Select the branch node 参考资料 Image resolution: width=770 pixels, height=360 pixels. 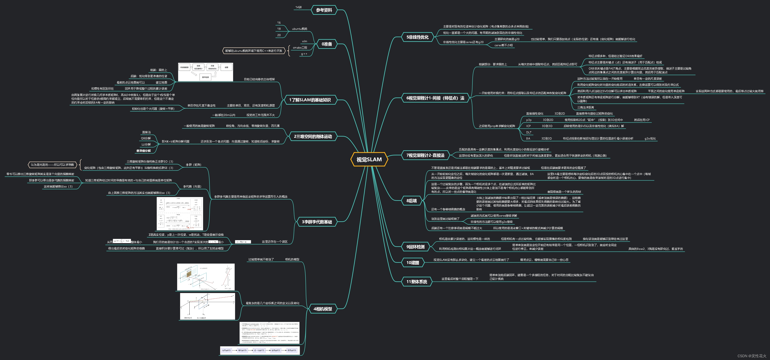point(324,10)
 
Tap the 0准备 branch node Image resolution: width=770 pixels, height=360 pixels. point(327,44)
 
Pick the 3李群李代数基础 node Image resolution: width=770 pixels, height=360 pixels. point(317,222)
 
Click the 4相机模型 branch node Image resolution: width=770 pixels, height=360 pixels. point(323,309)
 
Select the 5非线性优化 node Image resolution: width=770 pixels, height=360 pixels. point(417,37)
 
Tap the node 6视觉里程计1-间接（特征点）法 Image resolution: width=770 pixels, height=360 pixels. point(435,98)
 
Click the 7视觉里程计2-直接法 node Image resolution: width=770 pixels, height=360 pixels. point(425,155)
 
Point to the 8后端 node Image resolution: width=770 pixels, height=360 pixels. point(411,201)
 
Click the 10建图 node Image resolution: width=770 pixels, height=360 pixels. point(413,263)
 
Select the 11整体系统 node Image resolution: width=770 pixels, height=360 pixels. point(417,281)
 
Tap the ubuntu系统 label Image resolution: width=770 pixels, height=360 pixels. point(300,29)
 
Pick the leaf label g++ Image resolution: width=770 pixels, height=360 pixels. point(304,54)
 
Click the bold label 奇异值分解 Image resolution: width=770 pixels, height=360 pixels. point(144,151)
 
